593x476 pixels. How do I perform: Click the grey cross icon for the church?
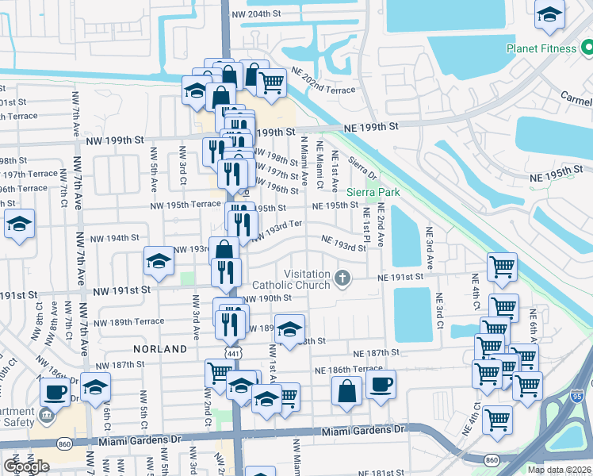point(342,278)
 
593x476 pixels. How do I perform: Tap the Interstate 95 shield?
point(576,395)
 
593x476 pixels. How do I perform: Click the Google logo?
point(26,466)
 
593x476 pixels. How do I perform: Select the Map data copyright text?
point(558,470)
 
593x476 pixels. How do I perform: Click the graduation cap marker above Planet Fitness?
point(549,15)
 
